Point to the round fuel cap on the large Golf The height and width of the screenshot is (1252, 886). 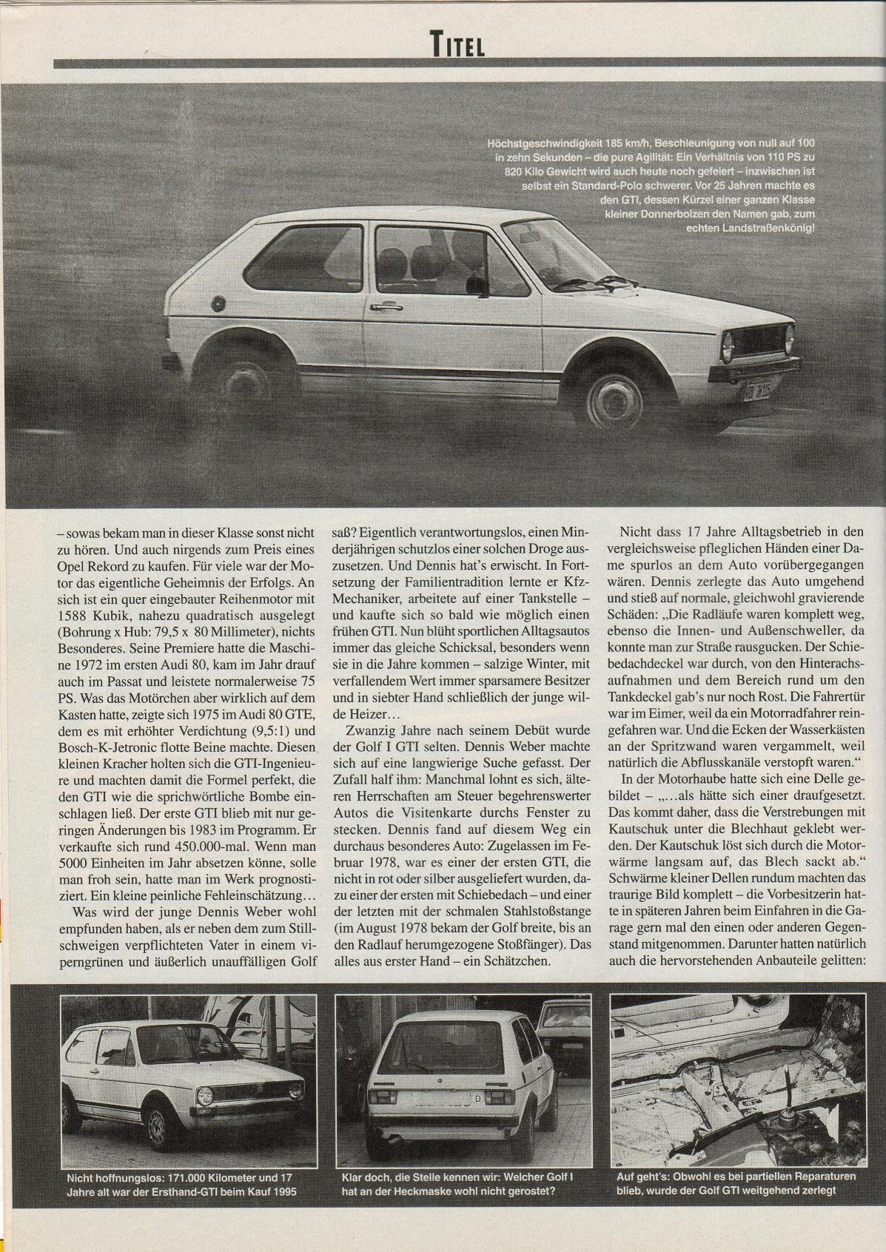(x=217, y=304)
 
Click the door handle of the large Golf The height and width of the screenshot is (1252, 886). (x=383, y=306)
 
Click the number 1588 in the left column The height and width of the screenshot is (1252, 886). (x=76, y=616)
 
